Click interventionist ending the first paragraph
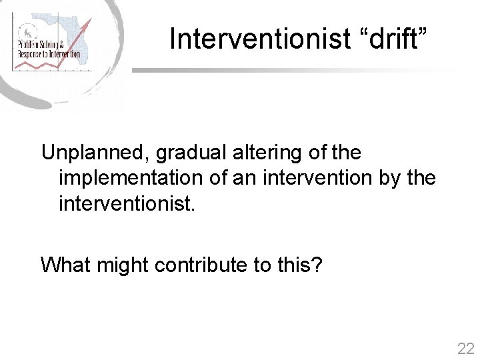click(x=127, y=203)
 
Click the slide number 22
click(x=465, y=348)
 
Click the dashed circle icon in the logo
click(x=26, y=31)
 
